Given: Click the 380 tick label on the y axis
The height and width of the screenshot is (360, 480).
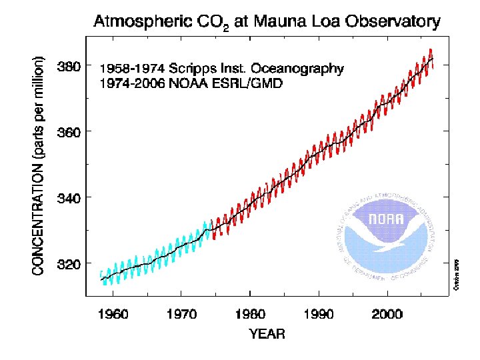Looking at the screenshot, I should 71,67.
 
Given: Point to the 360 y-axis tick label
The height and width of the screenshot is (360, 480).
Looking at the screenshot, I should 71,132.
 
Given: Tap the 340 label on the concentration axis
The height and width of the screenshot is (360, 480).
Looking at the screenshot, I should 71,198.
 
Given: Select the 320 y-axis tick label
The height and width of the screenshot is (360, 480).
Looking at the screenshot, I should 71,263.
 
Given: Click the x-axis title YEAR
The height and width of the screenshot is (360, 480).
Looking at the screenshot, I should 267,334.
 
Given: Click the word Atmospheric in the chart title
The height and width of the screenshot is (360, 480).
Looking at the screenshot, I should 137,22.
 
